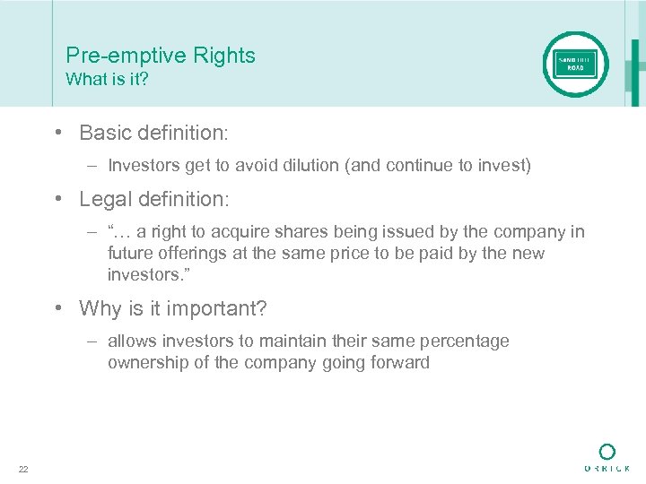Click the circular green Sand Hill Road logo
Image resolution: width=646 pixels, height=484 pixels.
(x=575, y=65)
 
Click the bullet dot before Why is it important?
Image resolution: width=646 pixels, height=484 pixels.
(x=57, y=309)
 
